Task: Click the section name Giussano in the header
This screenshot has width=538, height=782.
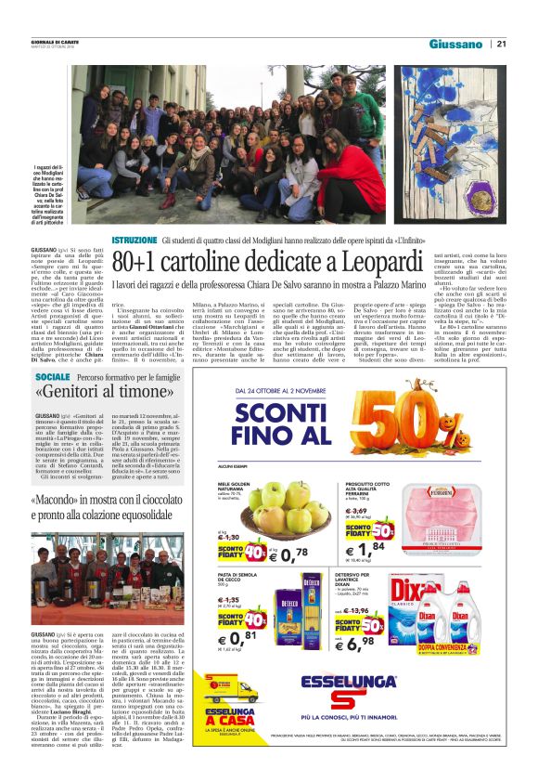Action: (456, 44)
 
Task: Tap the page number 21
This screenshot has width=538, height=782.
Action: (502, 44)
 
